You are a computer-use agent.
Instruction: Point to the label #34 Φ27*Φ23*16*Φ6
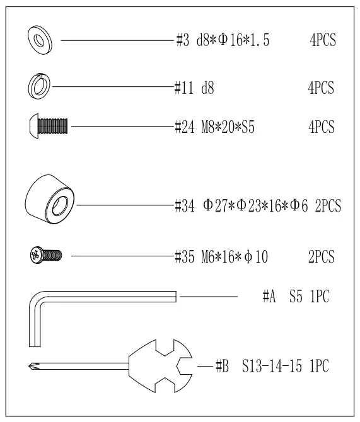tap(240, 205)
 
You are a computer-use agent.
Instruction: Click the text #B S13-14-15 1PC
tap(271, 366)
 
